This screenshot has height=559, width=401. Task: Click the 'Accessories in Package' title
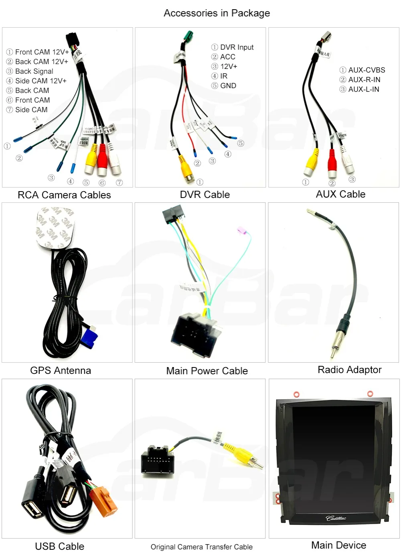217,13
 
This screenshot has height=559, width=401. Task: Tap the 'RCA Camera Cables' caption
64,195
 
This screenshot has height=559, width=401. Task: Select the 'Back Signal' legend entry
34,71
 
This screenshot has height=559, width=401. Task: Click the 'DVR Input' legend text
237,47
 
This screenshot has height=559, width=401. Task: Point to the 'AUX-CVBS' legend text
367,70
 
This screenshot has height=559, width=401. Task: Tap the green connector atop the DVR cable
188,38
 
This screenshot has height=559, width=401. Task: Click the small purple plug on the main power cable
241,230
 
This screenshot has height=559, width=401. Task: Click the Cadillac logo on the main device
336,518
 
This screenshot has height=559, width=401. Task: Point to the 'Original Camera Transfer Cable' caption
201,547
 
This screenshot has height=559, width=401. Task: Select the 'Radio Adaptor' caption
349,370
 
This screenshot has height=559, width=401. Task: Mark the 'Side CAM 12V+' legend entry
41,81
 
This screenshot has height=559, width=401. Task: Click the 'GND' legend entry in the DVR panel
228,86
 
